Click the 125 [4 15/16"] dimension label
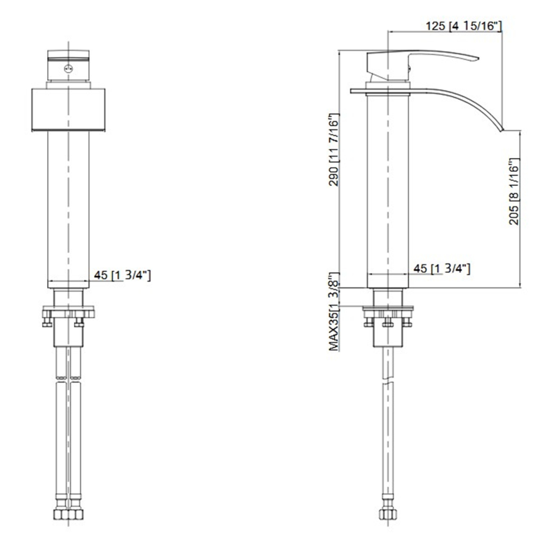(x=463, y=26)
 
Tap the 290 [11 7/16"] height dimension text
(x=334, y=149)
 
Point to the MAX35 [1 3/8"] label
(x=334, y=312)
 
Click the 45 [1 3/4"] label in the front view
(x=123, y=275)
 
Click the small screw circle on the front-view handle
(x=68, y=69)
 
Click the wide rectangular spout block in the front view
(x=68, y=110)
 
